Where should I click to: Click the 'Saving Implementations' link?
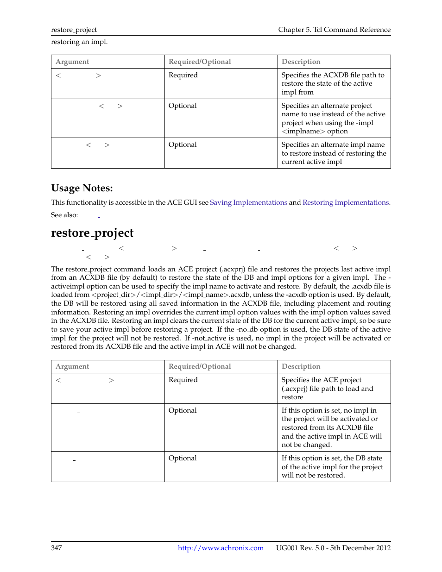(248, 202)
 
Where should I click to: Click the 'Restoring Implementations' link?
(345, 202)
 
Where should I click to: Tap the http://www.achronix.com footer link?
(221, 548)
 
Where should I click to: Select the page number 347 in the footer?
(57, 548)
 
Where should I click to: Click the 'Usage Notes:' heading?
(82, 188)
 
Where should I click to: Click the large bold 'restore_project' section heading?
(92, 233)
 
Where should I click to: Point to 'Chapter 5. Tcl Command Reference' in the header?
(334, 30)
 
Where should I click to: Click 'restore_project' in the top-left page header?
(74, 30)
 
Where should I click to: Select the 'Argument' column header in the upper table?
(72, 62)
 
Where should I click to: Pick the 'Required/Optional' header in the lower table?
(200, 366)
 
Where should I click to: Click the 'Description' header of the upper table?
(301, 62)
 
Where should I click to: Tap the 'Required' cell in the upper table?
(183, 75)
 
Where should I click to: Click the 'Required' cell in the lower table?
(183, 380)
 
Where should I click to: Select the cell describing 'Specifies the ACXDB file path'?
(333, 83)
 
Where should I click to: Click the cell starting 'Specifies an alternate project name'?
(333, 119)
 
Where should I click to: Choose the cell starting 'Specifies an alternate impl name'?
(333, 153)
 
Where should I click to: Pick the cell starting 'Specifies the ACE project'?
(327, 388)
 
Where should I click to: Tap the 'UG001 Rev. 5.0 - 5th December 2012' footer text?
(333, 548)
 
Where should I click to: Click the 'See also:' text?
(64, 215)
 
